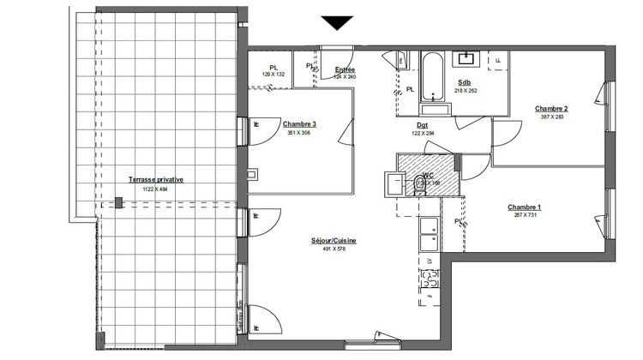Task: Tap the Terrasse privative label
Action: pyautogui.click(x=155, y=179)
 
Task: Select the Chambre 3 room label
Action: pyautogui.click(x=298, y=123)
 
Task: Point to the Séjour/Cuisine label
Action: pyautogui.click(x=333, y=241)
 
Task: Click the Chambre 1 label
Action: pyautogui.click(x=524, y=207)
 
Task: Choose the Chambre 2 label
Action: pyautogui.click(x=551, y=109)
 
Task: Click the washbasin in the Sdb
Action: pyautogui.click(x=467, y=59)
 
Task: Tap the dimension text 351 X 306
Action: pyautogui.click(x=298, y=133)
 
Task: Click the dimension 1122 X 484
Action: pyautogui.click(x=155, y=189)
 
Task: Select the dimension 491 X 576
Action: pyautogui.click(x=333, y=250)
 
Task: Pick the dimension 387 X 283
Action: pyautogui.click(x=551, y=117)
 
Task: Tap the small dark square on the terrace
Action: pyautogui.click(x=118, y=203)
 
